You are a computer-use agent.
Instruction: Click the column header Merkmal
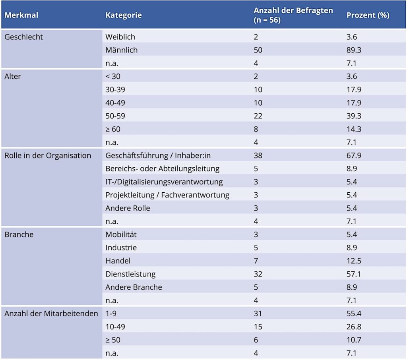pyautogui.click(x=21, y=15)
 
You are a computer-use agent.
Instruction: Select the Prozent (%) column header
pyautogui.click(x=368, y=15)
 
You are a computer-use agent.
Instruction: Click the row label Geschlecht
pyautogui.click(x=23, y=37)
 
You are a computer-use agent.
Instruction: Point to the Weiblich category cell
pyautogui.click(x=120, y=37)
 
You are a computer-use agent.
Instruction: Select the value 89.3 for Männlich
pyautogui.click(x=353, y=50)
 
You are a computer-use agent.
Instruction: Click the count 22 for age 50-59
pyautogui.click(x=258, y=116)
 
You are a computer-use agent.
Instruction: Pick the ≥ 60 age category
pyautogui.click(x=113, y=129)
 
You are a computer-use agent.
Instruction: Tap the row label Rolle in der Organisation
pyautogui.click(x=48, y=155)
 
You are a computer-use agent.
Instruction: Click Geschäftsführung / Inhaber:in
pyautogui.click(x=158, y=155)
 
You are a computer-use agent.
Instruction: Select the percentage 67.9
pyautogui.click(x=353, y=155)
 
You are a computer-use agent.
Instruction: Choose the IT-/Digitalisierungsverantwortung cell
pyautogui.click(x=164, y=182)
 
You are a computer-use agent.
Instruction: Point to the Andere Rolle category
pyautogui.click(x=128, y=208)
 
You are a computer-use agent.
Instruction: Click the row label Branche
pyautogui.click(x=19, y=234)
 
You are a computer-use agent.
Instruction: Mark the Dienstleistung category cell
pyautogui.click(x=130, y=274)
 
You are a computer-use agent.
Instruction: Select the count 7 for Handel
pyautogui.click(x=256, y=261)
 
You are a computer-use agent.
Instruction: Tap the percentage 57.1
pyautogui.click(x=353, y=274)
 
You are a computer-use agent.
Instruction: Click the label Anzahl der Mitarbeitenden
pyautogui.click(x=51, y=314)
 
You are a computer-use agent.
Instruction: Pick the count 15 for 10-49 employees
pyautogui.click(x=258, y=327)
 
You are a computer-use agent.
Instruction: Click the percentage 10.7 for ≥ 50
pyautogui.click(x=353, y=340)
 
